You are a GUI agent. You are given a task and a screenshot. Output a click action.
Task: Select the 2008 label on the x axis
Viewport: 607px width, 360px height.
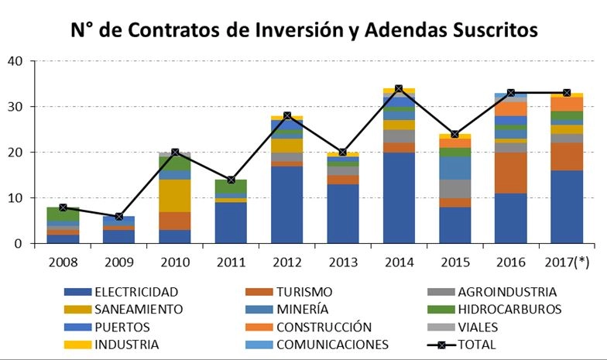62,262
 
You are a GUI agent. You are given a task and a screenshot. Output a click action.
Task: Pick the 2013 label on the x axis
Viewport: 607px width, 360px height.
342,262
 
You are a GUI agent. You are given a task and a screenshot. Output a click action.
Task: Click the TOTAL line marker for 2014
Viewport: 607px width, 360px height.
399,89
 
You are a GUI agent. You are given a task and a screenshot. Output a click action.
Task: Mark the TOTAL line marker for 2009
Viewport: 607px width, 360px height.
118,217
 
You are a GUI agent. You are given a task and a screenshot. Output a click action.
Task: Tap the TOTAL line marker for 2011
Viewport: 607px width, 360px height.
230,180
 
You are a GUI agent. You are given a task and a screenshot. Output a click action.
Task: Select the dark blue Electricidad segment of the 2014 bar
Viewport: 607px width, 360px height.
399,198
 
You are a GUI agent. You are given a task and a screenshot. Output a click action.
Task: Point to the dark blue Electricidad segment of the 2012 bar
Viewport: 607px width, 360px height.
286,205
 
